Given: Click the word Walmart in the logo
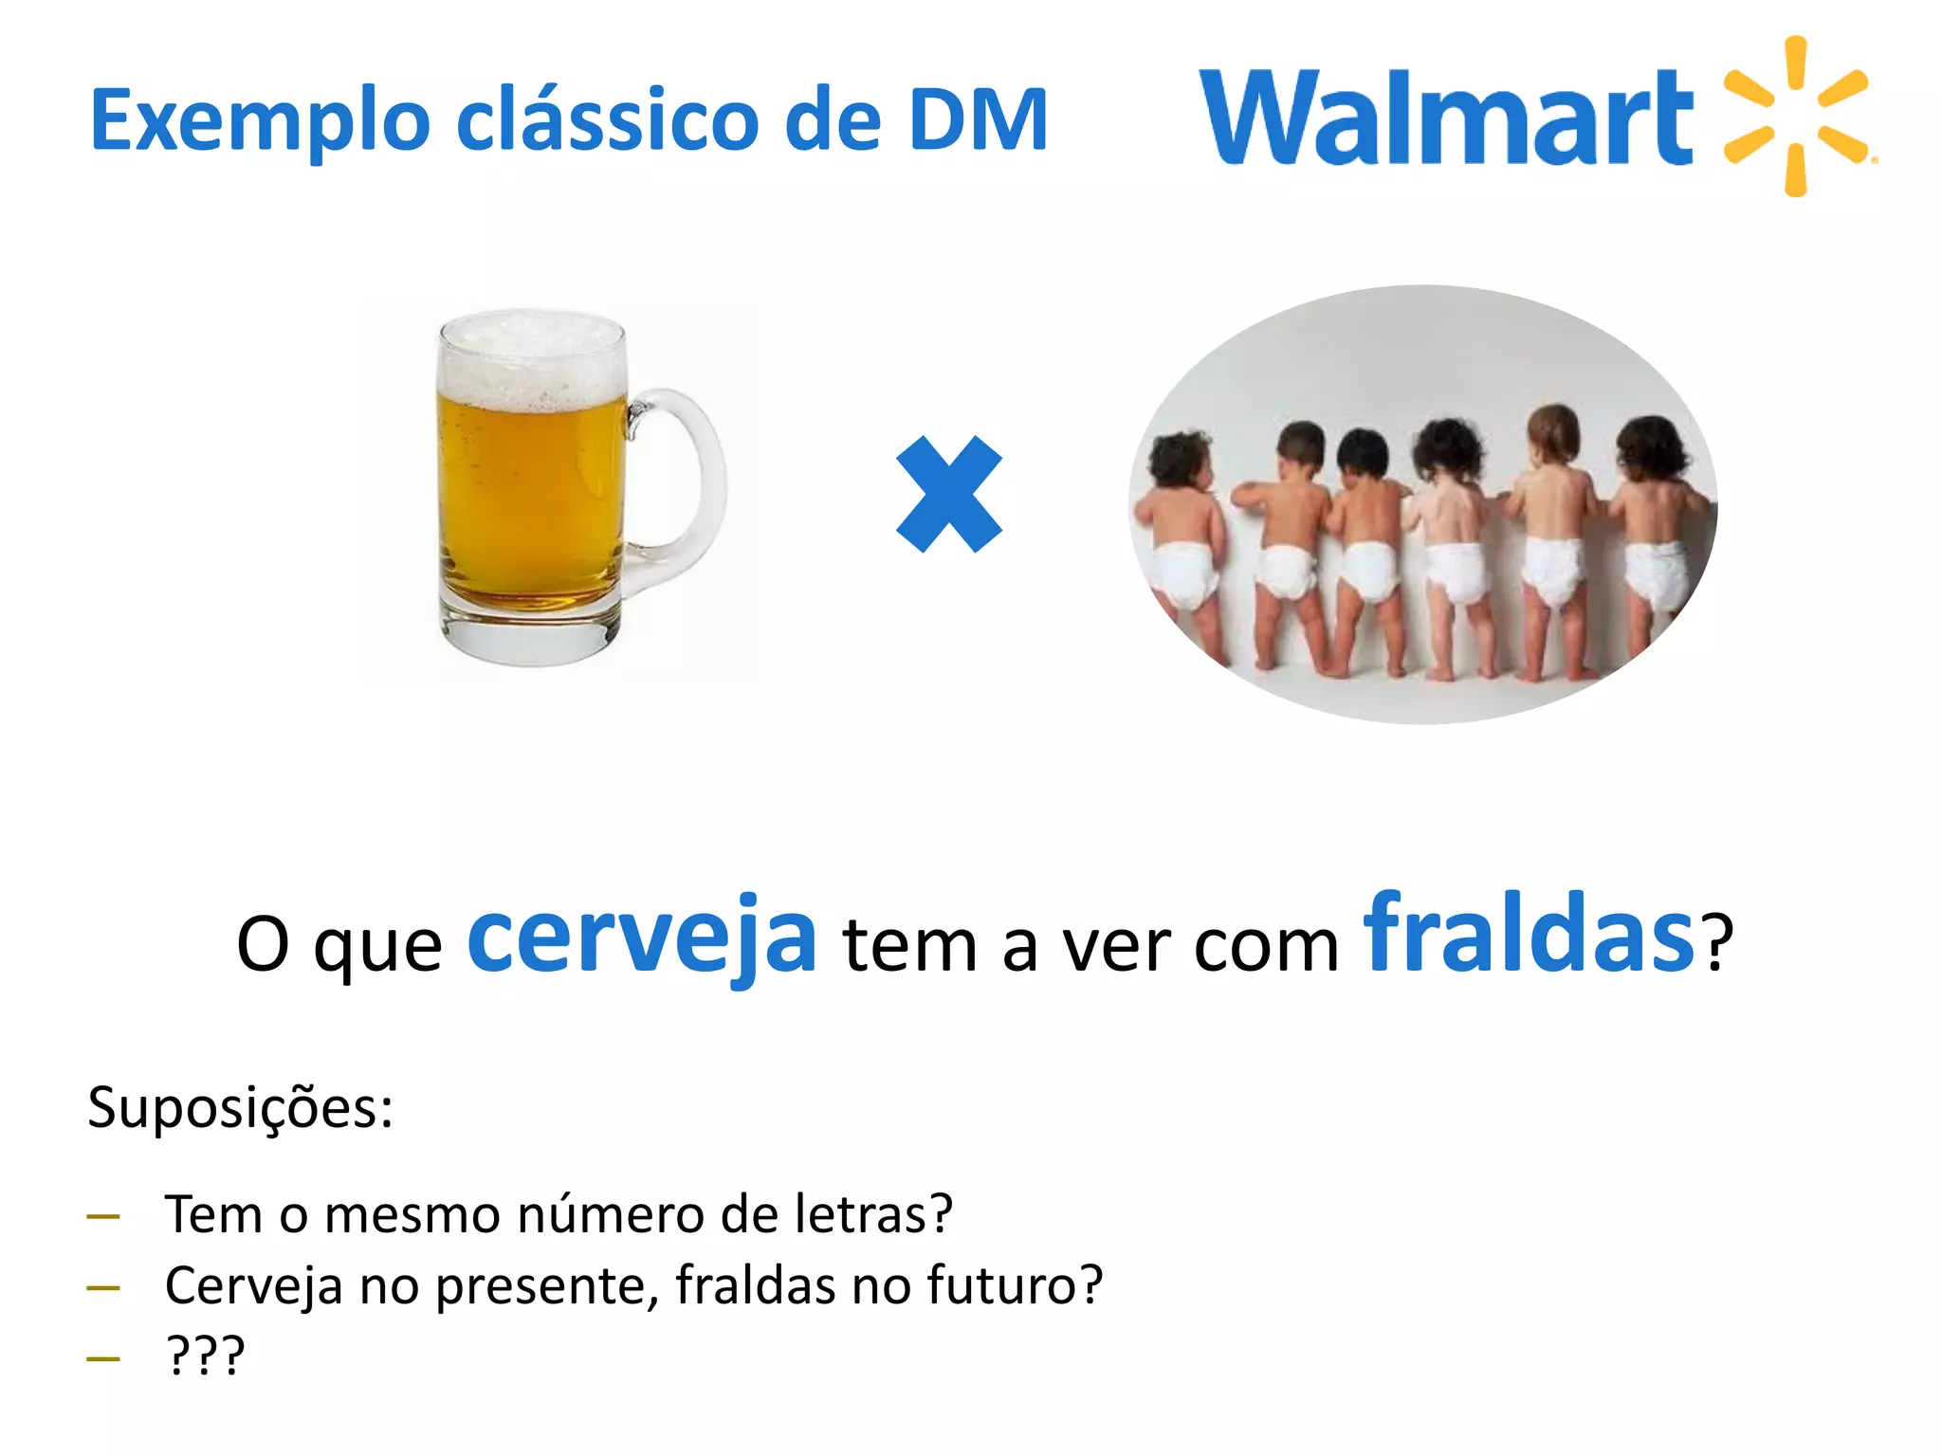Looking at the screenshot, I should [1445, 118].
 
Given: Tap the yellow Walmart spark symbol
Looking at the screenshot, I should [1796, 116].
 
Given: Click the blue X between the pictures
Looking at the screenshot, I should [949, 494].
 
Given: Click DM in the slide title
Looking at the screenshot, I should [978, 119].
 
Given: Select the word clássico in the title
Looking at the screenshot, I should [608, 119].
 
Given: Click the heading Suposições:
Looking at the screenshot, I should [240, 1107].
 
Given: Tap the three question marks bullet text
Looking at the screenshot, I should [206, 1356].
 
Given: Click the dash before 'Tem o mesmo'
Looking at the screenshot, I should [103, 1216].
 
